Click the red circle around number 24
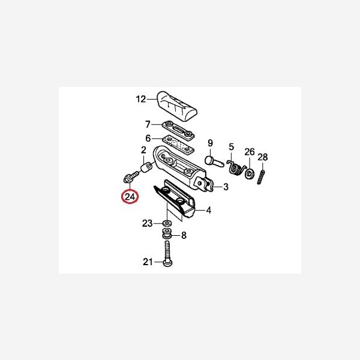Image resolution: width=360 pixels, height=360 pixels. point(130,197)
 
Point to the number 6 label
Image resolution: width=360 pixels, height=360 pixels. point(148,137)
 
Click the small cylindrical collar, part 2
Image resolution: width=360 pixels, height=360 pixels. point(146,166)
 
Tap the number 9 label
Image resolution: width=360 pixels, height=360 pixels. point(210,143)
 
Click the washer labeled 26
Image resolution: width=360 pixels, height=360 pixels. point(248,175)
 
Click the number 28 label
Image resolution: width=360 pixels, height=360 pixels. point(262,157)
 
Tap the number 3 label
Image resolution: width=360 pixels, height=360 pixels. point(226,187)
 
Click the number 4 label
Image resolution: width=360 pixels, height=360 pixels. point(209,211)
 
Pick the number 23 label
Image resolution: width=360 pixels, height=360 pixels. point(148,224)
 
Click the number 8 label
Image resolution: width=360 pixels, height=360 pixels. point(184,236)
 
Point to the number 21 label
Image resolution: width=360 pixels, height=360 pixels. point(148,262)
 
